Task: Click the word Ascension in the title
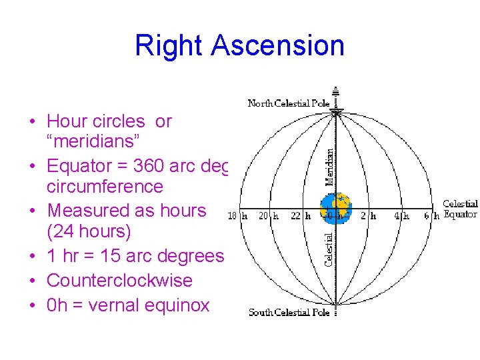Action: pyautogui.click(x=279, y=45)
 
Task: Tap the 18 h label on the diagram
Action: pyautogui.click(x=237, y=216)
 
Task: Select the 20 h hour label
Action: pyautogui.click(x=268, y=216)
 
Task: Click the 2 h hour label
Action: pyautogui.click(x=368, y=216)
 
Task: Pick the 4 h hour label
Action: pyautogui.click(x=401, y=216)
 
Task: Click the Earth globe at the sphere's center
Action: pyautogui.click(x=335, y=209)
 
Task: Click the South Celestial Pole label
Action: pyautogui.click(x=289, y=312)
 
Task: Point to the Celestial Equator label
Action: pyautogui.click(x=460, y=209)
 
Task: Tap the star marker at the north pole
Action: pyautogui.click(x=336, y=112)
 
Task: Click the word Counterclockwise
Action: pyautogui.click(x=119, y=281)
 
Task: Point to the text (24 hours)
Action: pyautogui.click(x=89, y=232)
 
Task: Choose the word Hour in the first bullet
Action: pyautogui.click(x=66, y=121)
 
